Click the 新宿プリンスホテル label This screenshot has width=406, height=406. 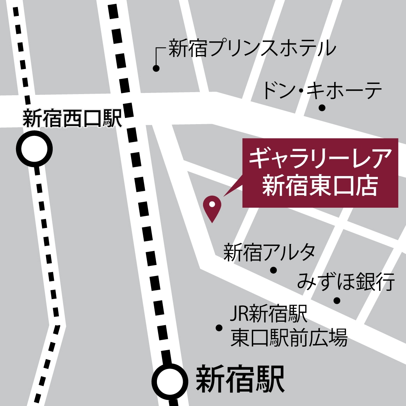252,49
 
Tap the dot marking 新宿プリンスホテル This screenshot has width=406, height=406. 156,69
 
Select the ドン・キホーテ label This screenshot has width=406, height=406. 322,90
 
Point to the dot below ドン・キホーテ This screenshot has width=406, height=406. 322,107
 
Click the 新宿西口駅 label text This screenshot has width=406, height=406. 73,118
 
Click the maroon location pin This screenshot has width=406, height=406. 212,207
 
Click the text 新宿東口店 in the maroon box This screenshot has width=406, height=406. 320,185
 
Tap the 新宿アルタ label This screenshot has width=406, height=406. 269,253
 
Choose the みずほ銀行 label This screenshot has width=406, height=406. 346,282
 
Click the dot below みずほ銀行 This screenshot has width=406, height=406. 337,301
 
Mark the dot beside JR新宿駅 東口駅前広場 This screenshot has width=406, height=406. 219,328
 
